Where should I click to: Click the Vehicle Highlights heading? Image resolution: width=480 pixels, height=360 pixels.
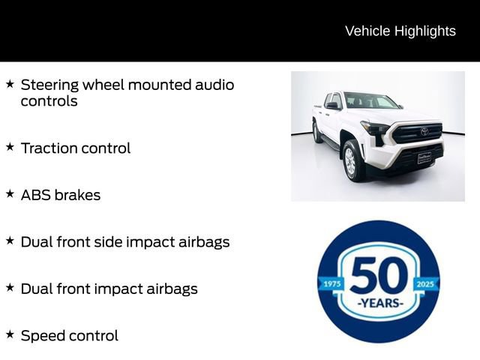pyautogui.click(x=400, y=31)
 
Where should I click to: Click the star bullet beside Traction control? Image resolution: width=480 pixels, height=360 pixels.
pyautogui.click(x=10, y=147)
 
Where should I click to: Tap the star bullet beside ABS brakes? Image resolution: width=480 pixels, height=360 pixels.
pyautogui.click(x=10, y=193)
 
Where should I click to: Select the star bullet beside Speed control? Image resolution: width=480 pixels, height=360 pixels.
pyautogui.click(x=10, y=334)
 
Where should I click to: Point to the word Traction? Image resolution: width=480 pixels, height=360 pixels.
pyautogui.click(x=49, y=148)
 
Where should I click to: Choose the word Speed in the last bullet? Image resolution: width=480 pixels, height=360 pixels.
pyautogui.click(x=43, y=336)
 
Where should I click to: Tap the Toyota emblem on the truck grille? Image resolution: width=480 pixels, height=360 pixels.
pyautogui.click(x=424, y=132)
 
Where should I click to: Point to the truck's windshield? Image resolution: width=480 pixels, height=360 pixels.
pyautogui.click(x=373, y=101)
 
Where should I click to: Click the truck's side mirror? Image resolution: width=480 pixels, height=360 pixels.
pyautogui.click(x=332, y=106)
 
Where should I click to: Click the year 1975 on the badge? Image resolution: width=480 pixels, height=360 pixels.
pyautogui.click(x=331, y=283)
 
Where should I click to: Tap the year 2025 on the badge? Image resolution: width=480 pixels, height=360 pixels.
pyautogui.click(x=426, y=283)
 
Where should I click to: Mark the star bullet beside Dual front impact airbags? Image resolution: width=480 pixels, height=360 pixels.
pyautogui.click(x=10, y=287)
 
